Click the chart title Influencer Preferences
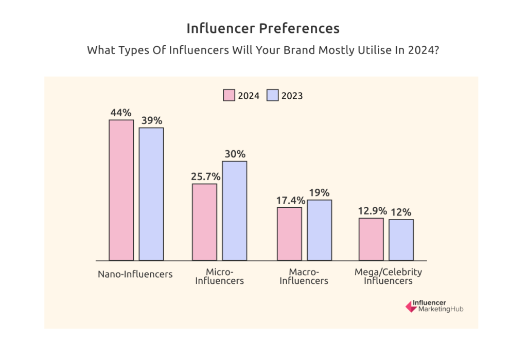tap(263, 28)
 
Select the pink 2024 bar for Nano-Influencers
tap(121, 190)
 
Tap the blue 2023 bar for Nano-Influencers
tap(151, 194)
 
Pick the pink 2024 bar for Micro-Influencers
tap(204, 222)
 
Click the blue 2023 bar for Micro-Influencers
tap(234, 211)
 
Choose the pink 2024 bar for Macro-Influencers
tap(289, 234)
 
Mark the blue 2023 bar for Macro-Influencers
tap(319, 230)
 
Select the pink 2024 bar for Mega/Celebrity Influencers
tap(371, 239)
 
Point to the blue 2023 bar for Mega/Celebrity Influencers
tap(401, 240)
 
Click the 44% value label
tap(121, 112)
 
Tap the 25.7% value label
tap(205, 176)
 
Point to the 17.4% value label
tap(289, 200)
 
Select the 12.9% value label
tap(371, 211)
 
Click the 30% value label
tap(235, 154)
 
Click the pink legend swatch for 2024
tap(229, 95)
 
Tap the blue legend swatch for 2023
tap(272, 95)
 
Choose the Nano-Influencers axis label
tap(135, 274)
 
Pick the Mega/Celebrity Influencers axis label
tap(388, 276)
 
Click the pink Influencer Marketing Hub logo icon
tap(411, 306)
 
